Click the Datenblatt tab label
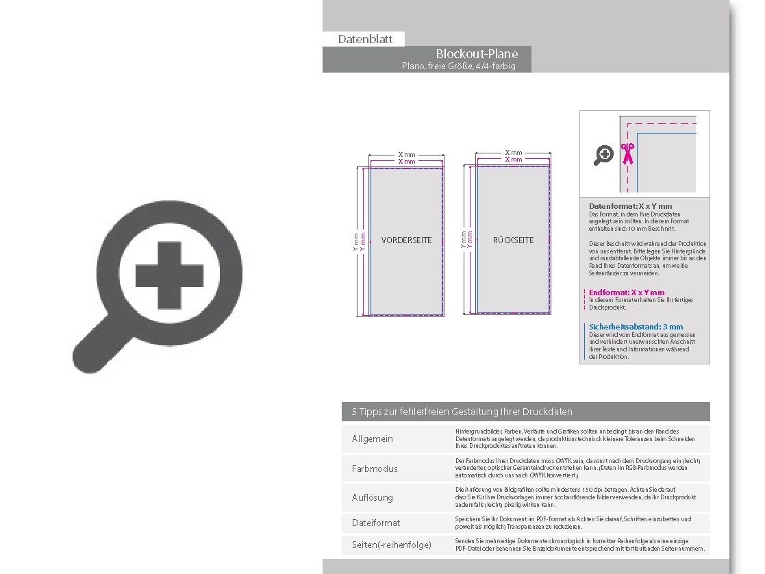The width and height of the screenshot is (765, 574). [x=365, y=39]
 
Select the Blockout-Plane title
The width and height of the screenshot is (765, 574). [x=477, y=54]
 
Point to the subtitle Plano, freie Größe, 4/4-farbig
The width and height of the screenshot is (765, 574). [x=458, y=66]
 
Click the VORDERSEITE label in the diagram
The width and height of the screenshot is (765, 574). [x=406, y=240]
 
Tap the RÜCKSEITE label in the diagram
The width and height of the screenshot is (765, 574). [x=513, y=240]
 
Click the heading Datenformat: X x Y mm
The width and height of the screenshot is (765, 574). [x=630, y=206]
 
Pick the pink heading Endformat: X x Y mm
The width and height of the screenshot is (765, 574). [x=627, y=292]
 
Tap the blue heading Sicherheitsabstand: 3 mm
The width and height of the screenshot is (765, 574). [x=636, y=327]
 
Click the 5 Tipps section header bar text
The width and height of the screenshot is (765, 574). [x=462, y=412]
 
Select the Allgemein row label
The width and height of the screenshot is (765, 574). [x=373, y=438]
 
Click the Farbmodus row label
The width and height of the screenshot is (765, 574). [x=375, y=469]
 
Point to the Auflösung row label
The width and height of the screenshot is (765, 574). [x=373, y=497]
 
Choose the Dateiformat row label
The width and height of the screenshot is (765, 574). [x=376, y=523]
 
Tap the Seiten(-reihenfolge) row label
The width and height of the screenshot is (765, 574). [x=392, y=545]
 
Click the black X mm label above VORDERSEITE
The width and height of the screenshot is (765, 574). [x=407, y=155]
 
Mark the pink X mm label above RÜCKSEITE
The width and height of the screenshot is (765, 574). [x=514, y=160]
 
